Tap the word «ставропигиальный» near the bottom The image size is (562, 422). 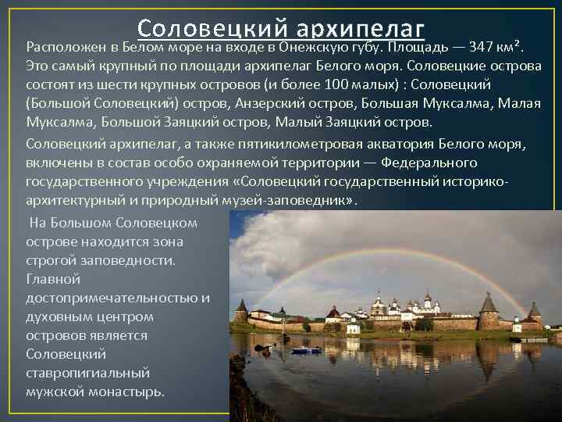tap(87, 373)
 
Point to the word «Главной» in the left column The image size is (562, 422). tap(53, 279)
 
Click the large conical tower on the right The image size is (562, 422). tap(489, 309)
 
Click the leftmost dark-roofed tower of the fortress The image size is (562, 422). tap(241, 309)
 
